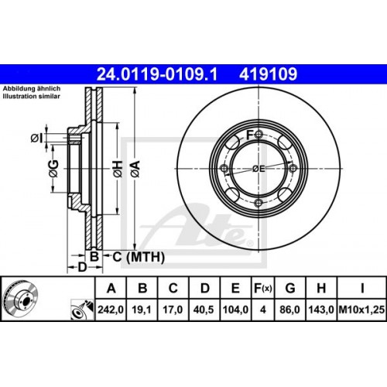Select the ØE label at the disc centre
(259, 169)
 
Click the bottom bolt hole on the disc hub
(258, 204)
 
